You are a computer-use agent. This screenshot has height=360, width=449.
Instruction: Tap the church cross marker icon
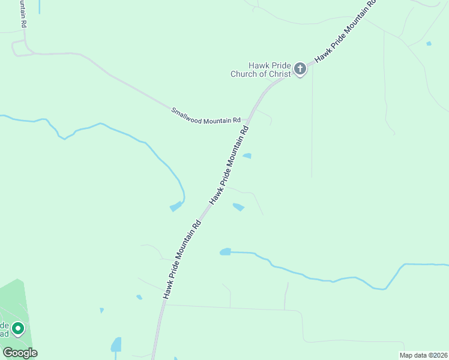300,70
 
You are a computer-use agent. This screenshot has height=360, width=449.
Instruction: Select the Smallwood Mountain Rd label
206,116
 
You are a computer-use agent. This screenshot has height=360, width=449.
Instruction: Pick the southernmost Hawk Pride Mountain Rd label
181,259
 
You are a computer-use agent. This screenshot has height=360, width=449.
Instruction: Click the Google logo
20,352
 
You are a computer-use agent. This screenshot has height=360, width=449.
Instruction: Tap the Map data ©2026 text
423,355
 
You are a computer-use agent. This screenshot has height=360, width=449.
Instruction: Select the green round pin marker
18,328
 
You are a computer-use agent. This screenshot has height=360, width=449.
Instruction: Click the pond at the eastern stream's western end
225,251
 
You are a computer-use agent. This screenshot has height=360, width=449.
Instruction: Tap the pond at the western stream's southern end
176,207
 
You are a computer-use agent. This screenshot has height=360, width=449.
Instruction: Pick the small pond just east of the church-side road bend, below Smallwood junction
247,156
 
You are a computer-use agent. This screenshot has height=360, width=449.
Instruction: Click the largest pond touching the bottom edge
116,345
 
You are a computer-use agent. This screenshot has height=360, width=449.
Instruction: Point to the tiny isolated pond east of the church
429,43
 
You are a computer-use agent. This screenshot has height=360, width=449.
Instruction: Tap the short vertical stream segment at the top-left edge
40,7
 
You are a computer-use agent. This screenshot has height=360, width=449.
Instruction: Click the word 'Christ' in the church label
280,74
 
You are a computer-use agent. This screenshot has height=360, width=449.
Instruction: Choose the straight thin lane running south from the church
312,126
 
